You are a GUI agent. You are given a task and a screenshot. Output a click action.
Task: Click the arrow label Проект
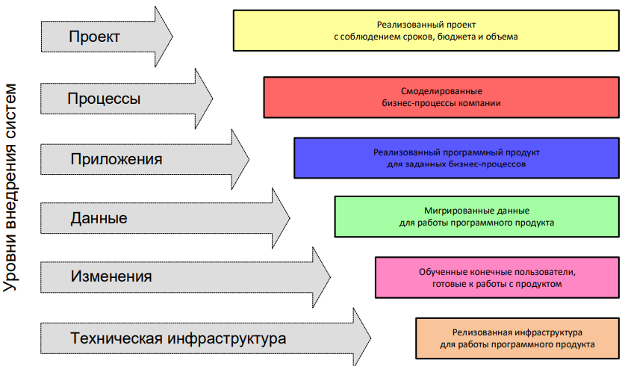93,36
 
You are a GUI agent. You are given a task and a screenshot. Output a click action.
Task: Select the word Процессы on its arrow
104,98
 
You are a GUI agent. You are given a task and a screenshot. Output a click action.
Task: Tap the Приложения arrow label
116,158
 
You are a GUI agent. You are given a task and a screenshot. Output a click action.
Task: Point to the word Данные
99,219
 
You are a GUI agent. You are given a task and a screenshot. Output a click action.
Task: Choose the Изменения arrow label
111,276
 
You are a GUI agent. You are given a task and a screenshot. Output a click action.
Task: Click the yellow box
426,30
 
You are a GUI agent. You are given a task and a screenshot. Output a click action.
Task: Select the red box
441,97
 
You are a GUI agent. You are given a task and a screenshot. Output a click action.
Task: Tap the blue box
456,158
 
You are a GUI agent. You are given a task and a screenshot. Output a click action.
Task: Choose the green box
476,217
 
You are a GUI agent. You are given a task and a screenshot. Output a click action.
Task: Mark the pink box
497,277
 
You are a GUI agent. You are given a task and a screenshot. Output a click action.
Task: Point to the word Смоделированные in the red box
441,91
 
